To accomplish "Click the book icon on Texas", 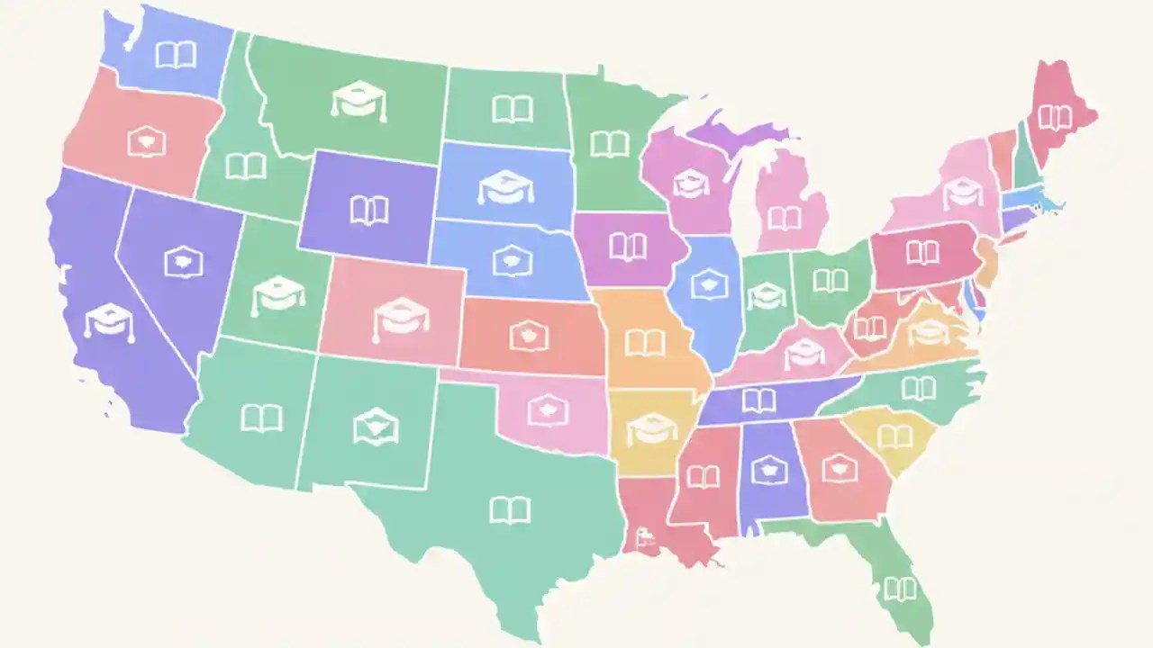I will tap(510, 510).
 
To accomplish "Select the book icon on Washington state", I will tap(176, 55).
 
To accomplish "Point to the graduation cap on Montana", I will tap(359, 100).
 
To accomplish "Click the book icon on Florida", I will tap(900, 589).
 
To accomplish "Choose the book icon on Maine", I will tap(1055, 117).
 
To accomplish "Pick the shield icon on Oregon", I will tap(146, 142).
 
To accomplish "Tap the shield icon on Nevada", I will tap(184, 262).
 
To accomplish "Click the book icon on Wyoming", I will tap(369, 211).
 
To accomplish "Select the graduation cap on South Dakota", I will tap(505, 186).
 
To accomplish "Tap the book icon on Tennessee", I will tap(758, 400).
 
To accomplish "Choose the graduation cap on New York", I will tap(963, 191).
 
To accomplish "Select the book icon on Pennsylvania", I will tap(922, 252).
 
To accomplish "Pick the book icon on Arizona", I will tap(261, 418).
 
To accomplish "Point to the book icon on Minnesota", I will tap(610, 144).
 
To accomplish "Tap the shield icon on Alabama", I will tap(769, 468).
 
